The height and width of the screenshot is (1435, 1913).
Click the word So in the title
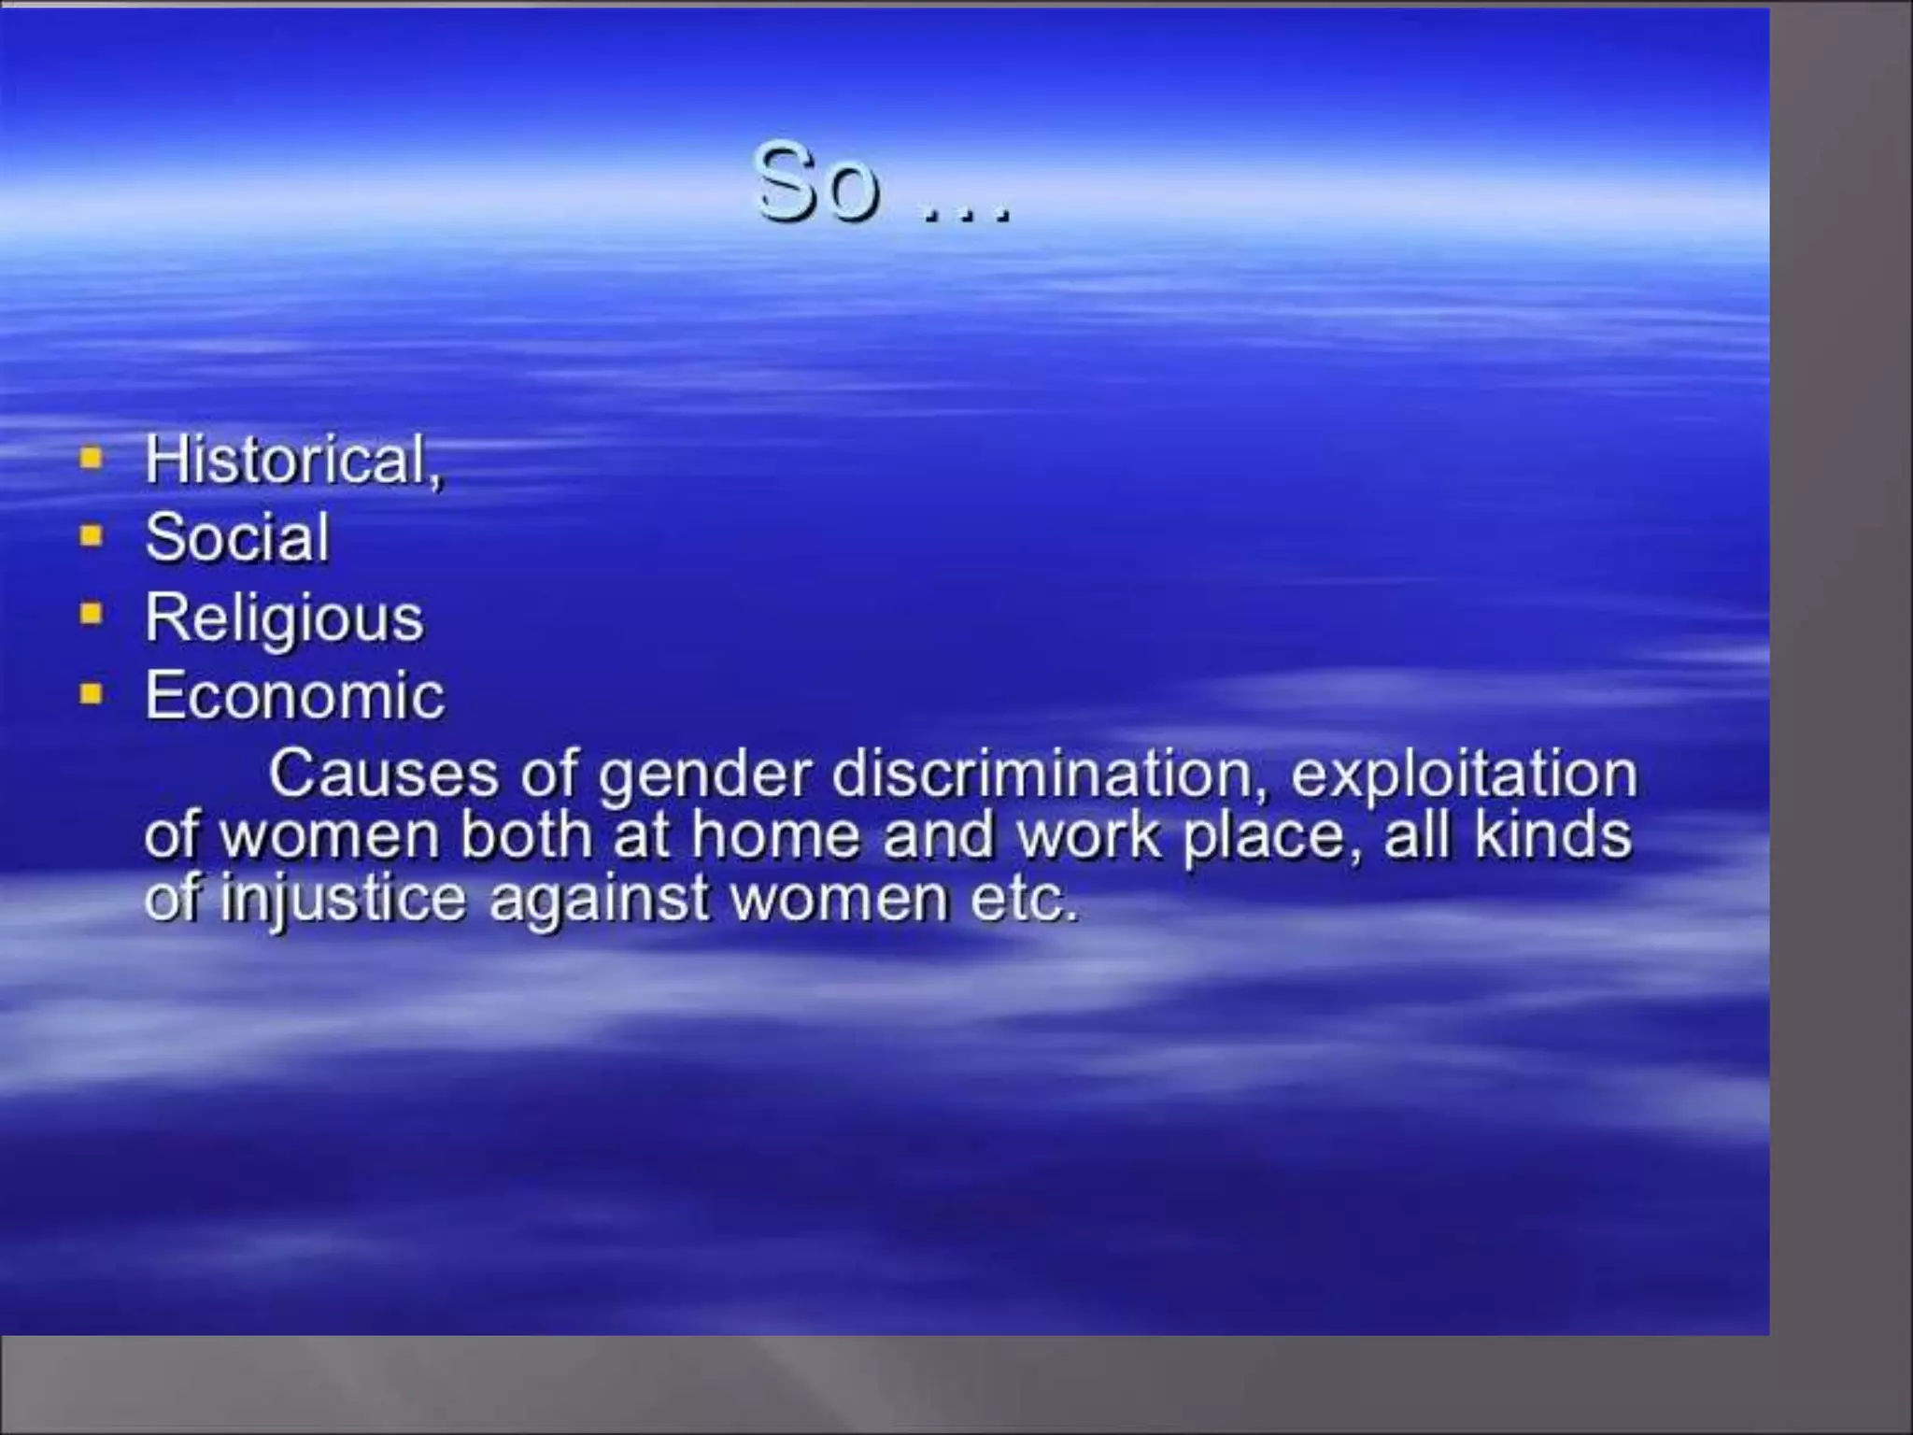click(817, 184)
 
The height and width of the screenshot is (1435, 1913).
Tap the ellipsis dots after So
click(966, 217)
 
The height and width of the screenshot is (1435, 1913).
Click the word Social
click(237, 538)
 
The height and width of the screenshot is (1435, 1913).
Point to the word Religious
click(284, 618)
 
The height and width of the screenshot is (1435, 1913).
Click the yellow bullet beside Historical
click(91, 459)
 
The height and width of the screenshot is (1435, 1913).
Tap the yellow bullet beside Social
click(91, 536)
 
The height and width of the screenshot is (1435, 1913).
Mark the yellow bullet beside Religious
click(91, 615)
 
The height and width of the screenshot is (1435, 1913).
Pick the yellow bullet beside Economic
click(91, 693)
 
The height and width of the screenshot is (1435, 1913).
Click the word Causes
click(383, 774)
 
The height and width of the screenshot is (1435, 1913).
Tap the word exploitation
click(1464, 775)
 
